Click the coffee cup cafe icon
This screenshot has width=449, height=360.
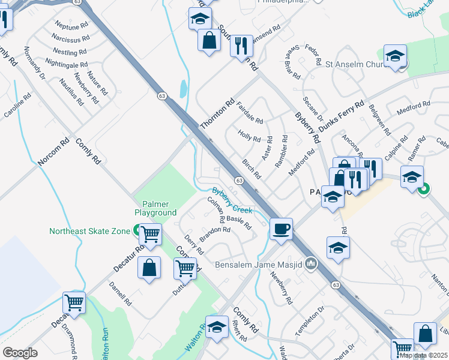281,229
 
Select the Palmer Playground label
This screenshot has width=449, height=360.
155,208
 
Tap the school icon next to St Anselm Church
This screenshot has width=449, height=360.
395,56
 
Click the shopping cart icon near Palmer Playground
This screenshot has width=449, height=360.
151,233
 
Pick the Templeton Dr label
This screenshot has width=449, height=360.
309,320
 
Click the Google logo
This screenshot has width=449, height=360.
20,353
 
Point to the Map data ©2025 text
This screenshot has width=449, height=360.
423,355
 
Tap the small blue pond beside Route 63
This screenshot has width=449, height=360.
182,89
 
